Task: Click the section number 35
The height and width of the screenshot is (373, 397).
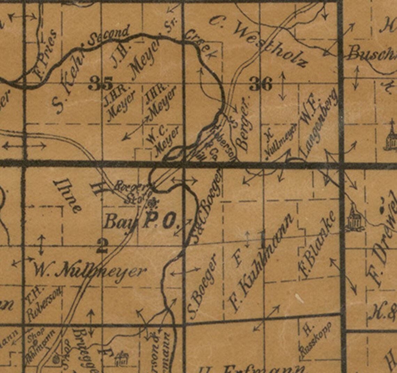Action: [100, 83]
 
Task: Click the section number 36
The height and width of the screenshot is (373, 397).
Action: [260, 84]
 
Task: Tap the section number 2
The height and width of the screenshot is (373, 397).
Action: [102, 246]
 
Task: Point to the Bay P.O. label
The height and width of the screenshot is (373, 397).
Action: [139, 222]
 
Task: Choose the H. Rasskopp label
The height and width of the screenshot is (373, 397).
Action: [315, 339]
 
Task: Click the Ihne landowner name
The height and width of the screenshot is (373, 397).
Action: [68, 195]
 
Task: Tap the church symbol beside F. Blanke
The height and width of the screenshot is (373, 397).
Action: [355, 219]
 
